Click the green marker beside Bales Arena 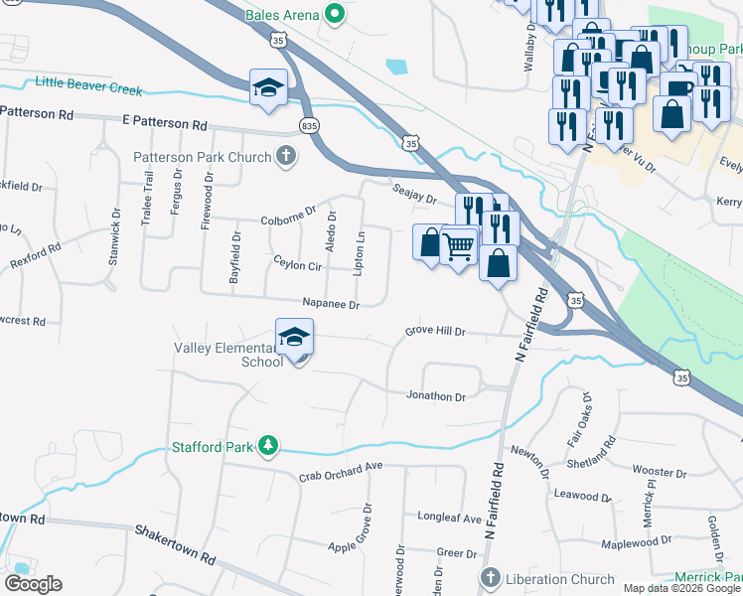[x=335, y=14]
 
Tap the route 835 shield [x=309, y=125]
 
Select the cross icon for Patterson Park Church [x=286, y=157]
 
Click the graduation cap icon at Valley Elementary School [x=295, y=338]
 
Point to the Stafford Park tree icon [x=267, y=447]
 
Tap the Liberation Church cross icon [x=489, y=578]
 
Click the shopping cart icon [x=458, y=243]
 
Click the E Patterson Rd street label [x=165, y=125]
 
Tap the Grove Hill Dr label [x=435, y=332]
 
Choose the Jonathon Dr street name [x=436, y=396]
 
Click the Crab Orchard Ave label [x=341, y=472]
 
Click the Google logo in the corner [x=33, y=584]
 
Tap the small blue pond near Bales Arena [x=397, y=68]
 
